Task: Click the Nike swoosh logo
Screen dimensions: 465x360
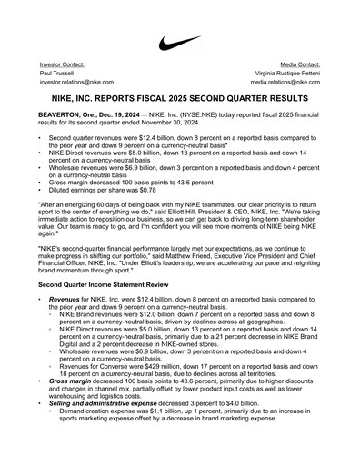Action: coord(180,43)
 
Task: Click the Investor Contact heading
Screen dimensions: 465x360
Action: coord(62,66)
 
